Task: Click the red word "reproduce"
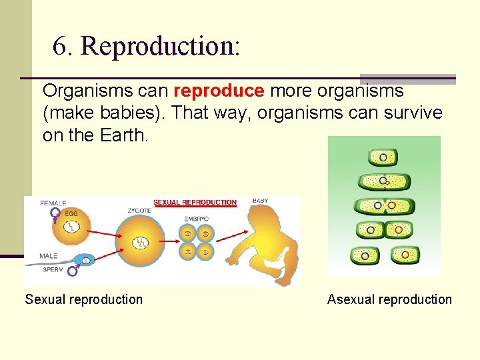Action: (x=219, y=91)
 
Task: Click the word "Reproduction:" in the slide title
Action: (x=160, y=46)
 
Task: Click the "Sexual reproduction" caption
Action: (x=84, y=299)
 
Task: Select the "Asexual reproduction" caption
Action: (x=389, y=299)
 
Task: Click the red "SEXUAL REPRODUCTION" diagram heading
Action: (x=195, y=203)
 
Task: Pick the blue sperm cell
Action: (x=85, y=260)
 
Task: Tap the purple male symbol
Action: (x=71, y=271)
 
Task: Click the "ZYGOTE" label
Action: (x=140, y=210)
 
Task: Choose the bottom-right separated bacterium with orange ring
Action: (x=405, y=254)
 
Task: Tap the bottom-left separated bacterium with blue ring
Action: (x=364, y=255)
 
